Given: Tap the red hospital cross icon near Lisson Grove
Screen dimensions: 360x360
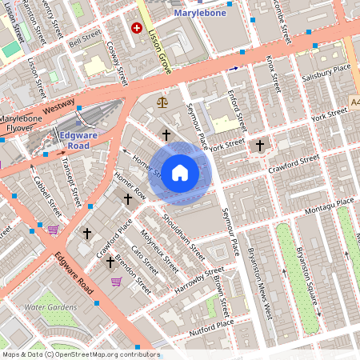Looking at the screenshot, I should click(x=136, y=28).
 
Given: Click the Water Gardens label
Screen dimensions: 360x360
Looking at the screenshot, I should click(x=50, y=307).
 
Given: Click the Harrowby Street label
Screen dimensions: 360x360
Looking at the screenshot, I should click(x=193, y=280).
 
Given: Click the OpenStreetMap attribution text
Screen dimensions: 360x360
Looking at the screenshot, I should click(x=80, y=354).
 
